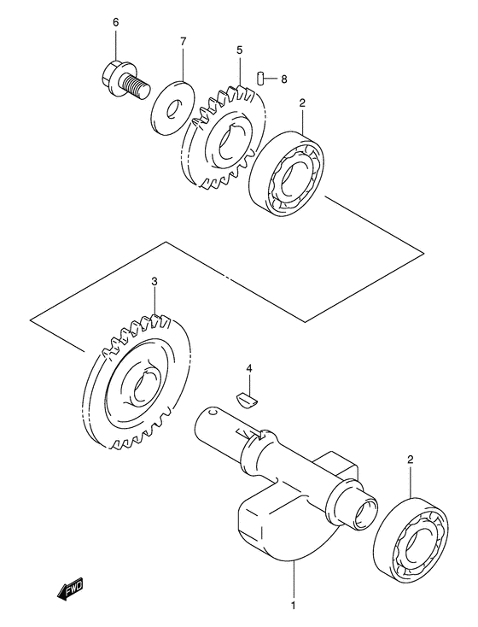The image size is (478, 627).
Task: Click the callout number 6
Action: (116, 21)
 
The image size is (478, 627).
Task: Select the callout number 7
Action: (183, 41)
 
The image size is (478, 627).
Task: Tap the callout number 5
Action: (240, 51)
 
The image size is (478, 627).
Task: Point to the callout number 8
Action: (284, 79)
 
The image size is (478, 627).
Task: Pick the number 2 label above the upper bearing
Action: (301, 103)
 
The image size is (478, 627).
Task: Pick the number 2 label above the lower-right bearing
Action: (410, 460)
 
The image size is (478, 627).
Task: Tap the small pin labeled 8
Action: (265, 79)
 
